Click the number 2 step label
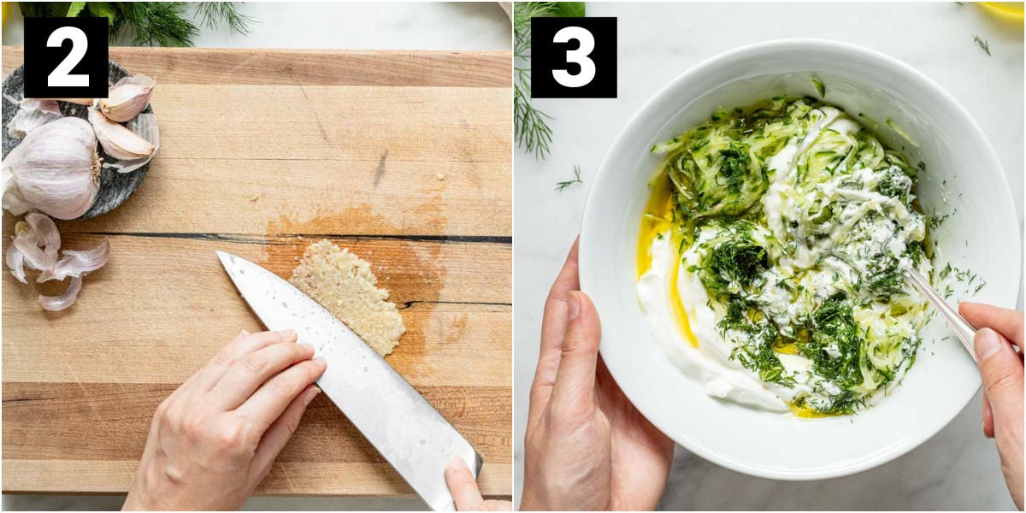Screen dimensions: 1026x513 click(66, 57)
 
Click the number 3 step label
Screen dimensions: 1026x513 click(574, 57)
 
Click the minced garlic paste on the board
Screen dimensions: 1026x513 click(349, 296)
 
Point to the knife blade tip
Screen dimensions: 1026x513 click(218, 252)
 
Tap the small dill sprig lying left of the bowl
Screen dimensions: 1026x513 click(569, 180)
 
